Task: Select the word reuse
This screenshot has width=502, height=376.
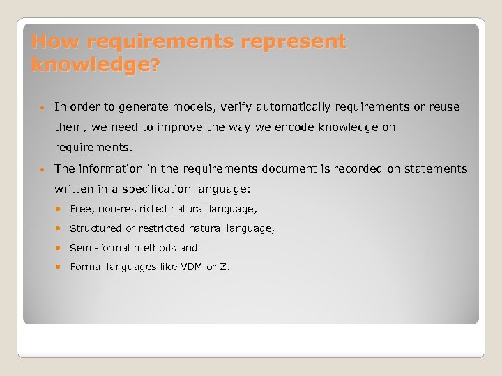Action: pos(444,107)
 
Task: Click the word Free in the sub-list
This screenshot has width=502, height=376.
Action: pos(81,209)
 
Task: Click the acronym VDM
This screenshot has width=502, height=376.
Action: pos(191,267)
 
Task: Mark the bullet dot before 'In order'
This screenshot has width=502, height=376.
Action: pos(43,107)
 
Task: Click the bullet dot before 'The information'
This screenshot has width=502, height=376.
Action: pos(43,169)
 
